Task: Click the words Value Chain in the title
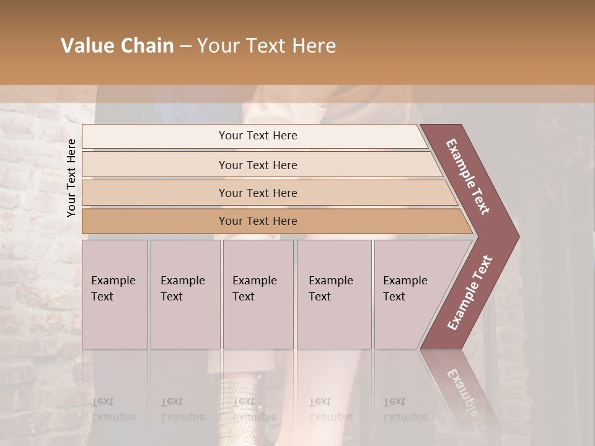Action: (117, 46)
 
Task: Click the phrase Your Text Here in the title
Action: (267, 46)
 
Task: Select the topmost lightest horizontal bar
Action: (254, 136)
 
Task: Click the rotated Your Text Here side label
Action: (71, 178)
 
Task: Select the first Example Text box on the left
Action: (115, 294)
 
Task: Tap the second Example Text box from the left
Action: (185, 294)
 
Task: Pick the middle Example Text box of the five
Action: (258, 294)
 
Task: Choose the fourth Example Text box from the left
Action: (333, 294)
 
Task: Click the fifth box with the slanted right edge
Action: (409, 294)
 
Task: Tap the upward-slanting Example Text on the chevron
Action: (469, 293)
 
